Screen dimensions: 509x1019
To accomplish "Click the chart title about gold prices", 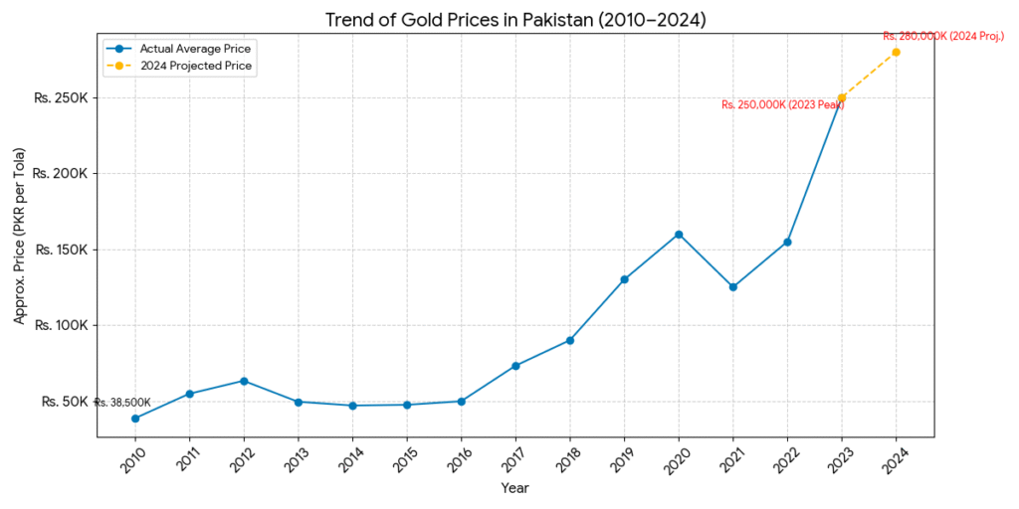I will (x=515, y=20).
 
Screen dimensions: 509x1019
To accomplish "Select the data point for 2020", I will (x=679, y=235).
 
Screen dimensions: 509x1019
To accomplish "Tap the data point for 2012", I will (x=244, y=381).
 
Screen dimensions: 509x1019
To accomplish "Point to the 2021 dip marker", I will (x=732, y=287).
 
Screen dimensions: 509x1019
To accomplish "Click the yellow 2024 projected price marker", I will (x=896, y=52).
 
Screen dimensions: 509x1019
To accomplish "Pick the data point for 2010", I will (x=135, y=419).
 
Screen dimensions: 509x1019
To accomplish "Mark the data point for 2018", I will (x=570, y=340).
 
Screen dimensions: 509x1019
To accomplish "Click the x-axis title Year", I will (x=514, y=488).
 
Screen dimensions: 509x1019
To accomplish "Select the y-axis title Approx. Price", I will (x=20, y=250).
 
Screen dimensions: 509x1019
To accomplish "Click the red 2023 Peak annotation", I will (x=782, y=104).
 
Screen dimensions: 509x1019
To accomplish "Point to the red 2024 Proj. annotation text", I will (x=943, y=36).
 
